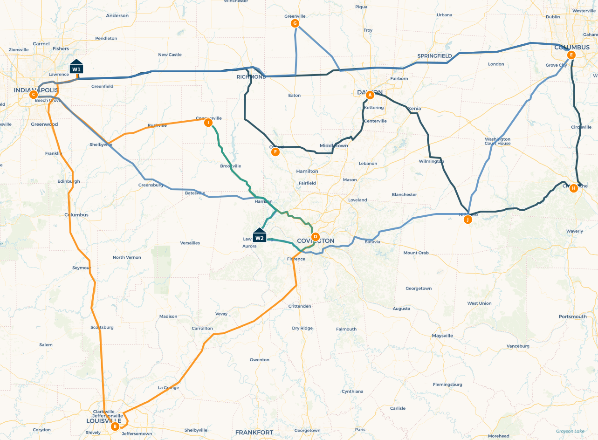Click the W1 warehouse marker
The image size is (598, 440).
(x=76, y=67)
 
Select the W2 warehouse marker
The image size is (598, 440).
(x=260, y=235)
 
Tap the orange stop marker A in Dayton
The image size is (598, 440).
(x=370, y=95)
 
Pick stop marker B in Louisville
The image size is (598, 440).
(x=115, y=426)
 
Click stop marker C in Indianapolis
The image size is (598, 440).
(x=33, y=95)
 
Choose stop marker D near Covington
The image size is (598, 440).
(x=315, y=236)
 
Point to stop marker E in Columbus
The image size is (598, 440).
(x=571, y=55)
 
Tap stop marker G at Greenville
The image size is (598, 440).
(x=295, y=23)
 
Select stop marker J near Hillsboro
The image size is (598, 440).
(x=468, y=220)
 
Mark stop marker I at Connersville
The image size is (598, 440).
(x=208, y=123)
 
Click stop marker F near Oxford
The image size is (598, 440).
(x=275, y=151)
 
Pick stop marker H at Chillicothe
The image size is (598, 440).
(x=574, y=188)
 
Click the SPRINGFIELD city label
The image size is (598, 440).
(x=434, y=56)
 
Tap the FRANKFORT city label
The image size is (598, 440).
(x=254, y=433)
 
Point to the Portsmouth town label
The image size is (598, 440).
(x=573, y=316)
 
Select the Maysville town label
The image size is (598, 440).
(x=442, y=336)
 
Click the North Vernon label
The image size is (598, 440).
(x=127, y=257)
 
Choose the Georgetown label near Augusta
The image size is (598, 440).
(x=419, y=289)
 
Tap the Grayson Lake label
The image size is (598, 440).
(x=570, y=431)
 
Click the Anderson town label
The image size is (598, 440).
(x=117, y=16)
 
